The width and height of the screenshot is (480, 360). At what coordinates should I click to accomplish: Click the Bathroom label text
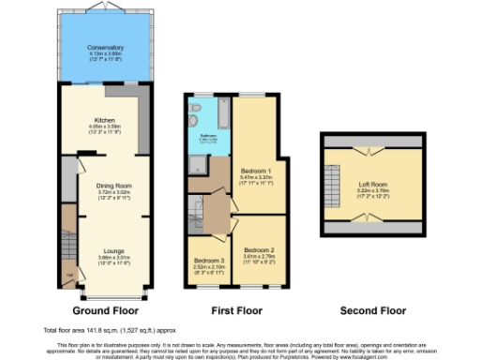click(207, 135)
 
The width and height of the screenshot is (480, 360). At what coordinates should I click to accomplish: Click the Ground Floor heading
click(105, 309)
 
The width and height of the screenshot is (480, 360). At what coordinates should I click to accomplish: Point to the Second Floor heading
click(372, 309)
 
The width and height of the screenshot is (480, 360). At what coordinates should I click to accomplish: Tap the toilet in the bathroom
click(194, 108)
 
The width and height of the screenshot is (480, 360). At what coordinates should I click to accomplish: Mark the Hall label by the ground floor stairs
click(69, 275)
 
